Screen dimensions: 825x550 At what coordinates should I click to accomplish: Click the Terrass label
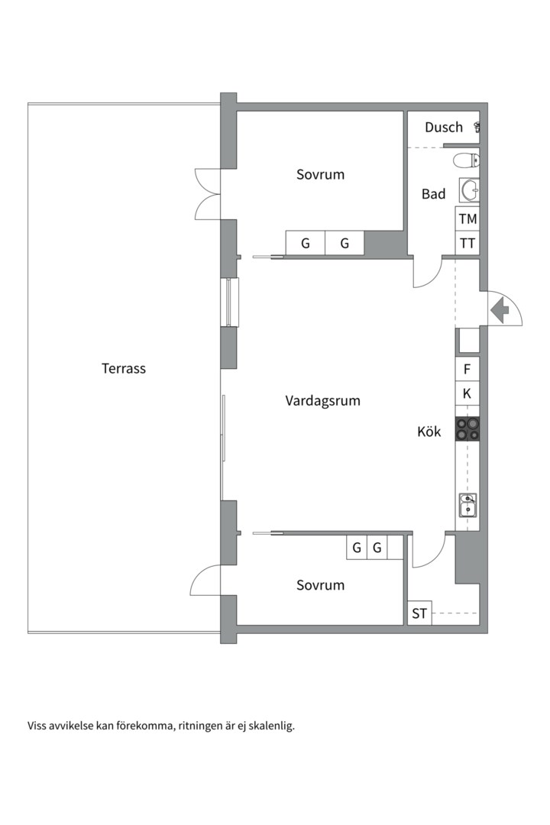pos(124,368)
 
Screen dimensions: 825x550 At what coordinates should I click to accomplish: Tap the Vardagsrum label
pos(322,400)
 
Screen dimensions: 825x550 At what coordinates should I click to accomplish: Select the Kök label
pos(429,432)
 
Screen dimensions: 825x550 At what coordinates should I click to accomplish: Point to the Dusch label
pos(444,128)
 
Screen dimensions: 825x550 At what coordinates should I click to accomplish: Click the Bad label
pos(433,195)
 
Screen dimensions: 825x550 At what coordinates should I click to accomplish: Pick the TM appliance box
pos(467,219)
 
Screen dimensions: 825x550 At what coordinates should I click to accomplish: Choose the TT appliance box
pos(467,244)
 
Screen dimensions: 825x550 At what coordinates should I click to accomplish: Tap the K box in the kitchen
pos(467,394)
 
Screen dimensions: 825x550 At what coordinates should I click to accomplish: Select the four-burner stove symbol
pos(467,429)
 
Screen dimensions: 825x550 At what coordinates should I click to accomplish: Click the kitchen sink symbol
pos(467,505)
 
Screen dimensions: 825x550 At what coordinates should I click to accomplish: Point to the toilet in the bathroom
pos(467,160)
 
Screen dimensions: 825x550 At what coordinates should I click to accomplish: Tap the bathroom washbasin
pos(469,189)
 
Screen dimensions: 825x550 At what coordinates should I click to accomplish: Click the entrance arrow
pos(500,310)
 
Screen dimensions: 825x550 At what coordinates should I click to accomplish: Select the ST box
pos(419,613)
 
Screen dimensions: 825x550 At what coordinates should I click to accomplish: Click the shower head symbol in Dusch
pos(477,127)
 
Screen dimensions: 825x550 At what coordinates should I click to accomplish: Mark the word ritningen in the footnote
pos(202,726)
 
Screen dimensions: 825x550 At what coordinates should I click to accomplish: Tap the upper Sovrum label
pos(320,174)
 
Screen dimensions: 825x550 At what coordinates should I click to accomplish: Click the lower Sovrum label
pos(320,585)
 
